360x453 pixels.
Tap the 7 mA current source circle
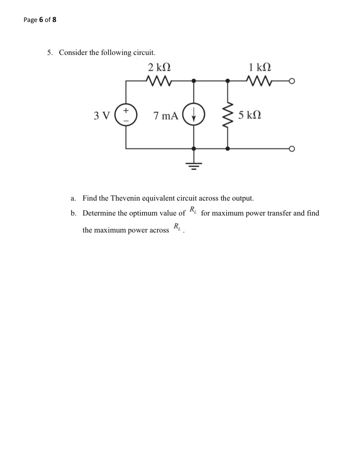[x=194, y=115]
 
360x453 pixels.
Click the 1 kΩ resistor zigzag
[x=260, y=81]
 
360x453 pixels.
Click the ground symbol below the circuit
[x=194, y=165]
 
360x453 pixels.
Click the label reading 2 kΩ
[x=159, y=67]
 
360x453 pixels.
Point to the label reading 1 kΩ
[x=260, y=67]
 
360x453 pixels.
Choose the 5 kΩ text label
[x=249, y=115]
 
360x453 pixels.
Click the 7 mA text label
[x=166, y=116]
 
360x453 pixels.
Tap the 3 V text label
[x=102, y=116]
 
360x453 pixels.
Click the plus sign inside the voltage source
[x=126, y=110]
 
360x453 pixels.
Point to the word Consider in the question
[x=73, y=53]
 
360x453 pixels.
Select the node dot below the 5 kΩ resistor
[x=228, y=149]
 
